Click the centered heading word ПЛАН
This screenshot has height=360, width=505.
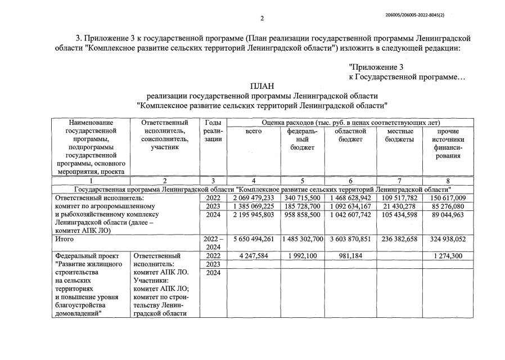261,86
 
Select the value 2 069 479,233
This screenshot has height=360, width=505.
252,198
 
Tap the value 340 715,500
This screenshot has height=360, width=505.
303,198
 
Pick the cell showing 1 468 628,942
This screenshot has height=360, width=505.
350,198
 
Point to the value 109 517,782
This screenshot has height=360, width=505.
399,198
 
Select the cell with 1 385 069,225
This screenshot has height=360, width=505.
252,206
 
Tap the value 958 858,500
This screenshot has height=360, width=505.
303,215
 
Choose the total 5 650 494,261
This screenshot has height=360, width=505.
252,239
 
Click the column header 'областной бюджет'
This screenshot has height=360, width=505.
350,135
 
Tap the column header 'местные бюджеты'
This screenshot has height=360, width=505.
399,135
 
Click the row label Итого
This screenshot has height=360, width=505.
64,239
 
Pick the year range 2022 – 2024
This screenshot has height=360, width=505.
213,243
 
